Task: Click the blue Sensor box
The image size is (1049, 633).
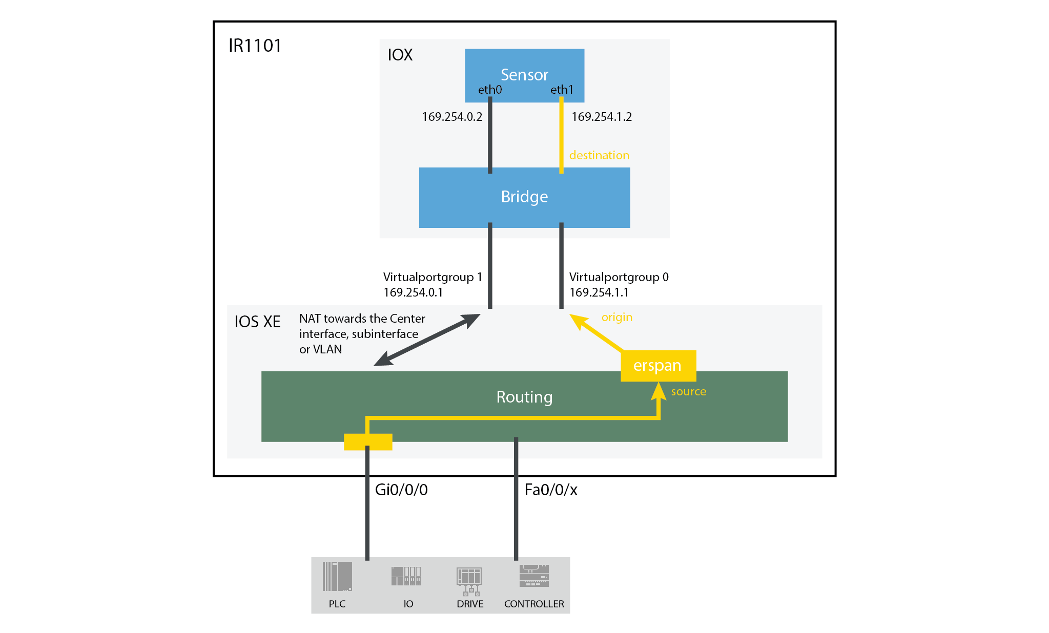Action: [524, 67]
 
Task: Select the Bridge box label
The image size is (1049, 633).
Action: [524, 197]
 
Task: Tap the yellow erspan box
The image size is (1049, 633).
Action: [657, 366]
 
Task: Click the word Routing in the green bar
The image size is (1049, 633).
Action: [524, 397]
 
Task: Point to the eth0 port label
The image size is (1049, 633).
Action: [490, 90]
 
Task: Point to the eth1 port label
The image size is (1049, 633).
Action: [562, 90]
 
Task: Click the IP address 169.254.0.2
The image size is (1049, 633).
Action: [452, 117]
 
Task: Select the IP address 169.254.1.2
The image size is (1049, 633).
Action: [602, 117]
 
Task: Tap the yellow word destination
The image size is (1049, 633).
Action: [599, 155]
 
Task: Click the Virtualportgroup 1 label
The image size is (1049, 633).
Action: [432, 277]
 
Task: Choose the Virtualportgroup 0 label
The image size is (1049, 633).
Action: [619, 277]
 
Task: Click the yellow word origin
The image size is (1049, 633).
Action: [616, 317]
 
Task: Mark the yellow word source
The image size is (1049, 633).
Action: [688, 391]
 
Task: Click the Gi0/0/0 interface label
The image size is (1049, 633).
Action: [401, 490]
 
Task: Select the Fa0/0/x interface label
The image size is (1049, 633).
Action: [551, 490]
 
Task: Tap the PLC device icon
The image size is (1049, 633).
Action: [337, 577]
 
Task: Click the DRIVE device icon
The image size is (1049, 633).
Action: [469, 581]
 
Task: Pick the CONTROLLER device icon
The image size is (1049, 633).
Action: [534, 576]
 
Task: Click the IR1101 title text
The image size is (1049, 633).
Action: [255, 46]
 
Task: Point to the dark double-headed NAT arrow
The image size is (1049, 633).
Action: [427, 340]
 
